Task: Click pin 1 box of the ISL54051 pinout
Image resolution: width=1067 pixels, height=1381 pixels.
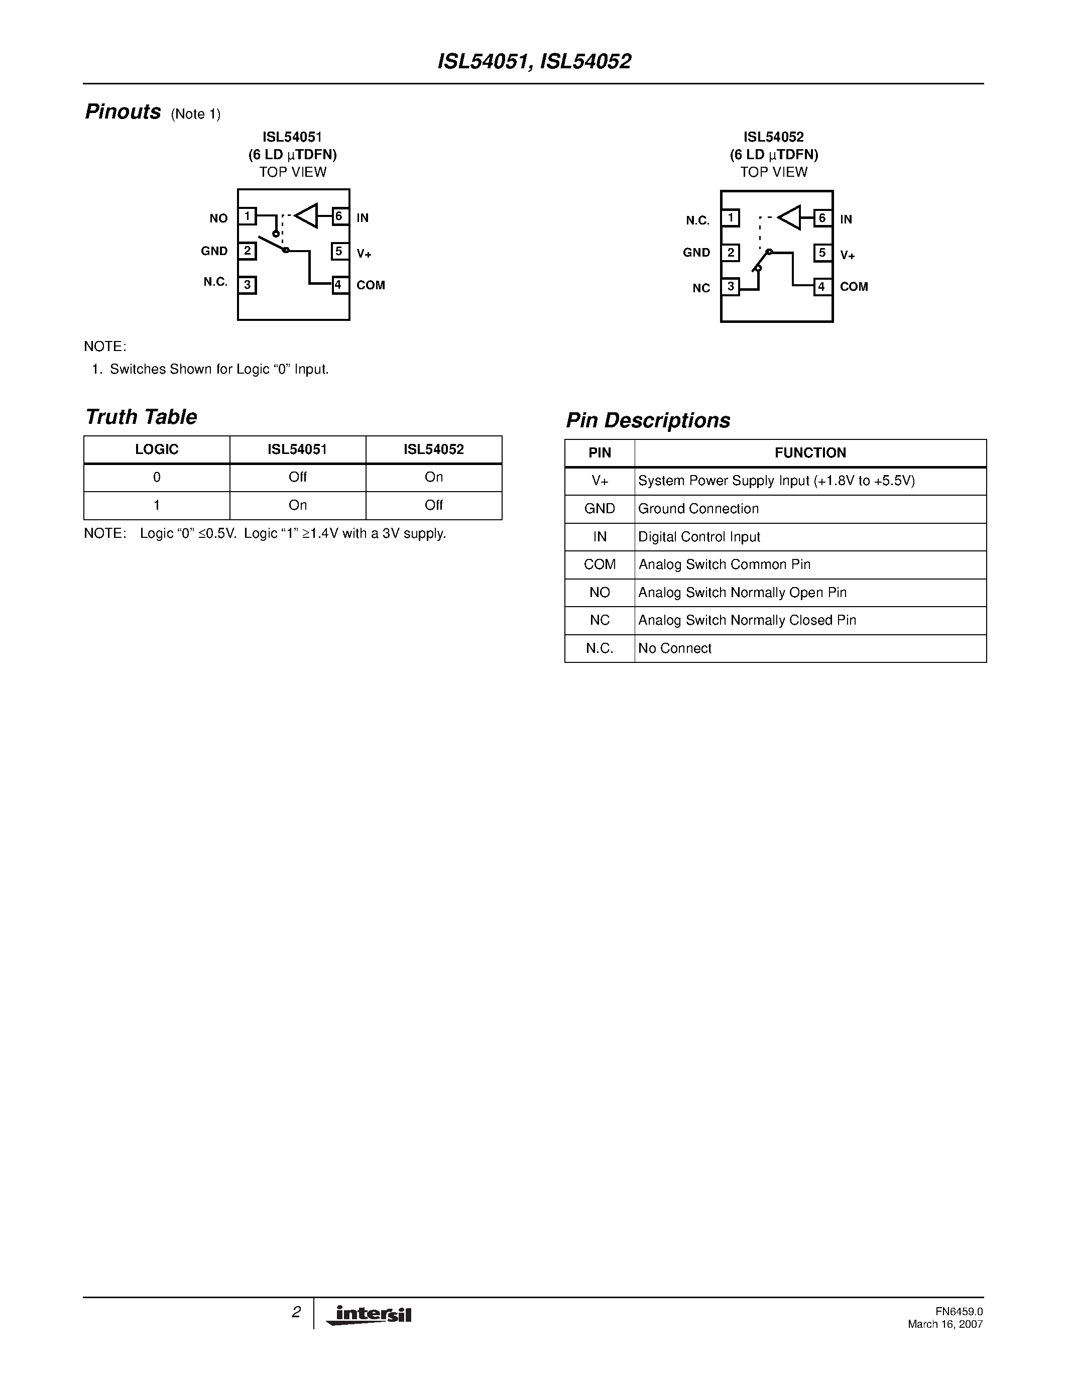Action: click(247, 216)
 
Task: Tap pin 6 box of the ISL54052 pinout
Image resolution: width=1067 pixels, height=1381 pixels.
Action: click(822, 218)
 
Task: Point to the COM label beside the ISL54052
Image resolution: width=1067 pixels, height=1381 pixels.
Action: click(854, 286)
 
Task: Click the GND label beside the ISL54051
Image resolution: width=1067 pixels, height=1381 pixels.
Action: click(214, 251)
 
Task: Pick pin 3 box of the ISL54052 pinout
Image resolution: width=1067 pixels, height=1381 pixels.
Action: click(731, 286)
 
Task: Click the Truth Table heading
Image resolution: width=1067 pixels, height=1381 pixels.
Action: click(141, 417)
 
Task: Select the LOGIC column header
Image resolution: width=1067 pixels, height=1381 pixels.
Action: click(157, 449)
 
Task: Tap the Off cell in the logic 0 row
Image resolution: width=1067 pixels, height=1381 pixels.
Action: click(298, 478)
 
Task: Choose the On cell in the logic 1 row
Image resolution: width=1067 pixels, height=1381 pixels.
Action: click(298, 505)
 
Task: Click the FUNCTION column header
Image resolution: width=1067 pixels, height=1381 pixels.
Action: click(810, 453)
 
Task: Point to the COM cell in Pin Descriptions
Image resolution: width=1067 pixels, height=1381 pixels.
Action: click(599, 564)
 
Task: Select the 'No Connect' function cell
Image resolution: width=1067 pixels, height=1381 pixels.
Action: click(674, 648)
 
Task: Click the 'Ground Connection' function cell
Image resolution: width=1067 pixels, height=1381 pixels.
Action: click(698, 508)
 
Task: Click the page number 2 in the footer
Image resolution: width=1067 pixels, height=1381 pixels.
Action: click(296, 1312)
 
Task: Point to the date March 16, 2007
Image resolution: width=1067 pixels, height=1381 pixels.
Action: click(945, 1324)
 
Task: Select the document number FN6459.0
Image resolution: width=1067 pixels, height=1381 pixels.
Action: click(959, 1311)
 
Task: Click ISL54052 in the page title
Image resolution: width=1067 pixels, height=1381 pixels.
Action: click(586, 61)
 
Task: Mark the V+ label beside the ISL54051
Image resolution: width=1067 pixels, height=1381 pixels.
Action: click(364, 254)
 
